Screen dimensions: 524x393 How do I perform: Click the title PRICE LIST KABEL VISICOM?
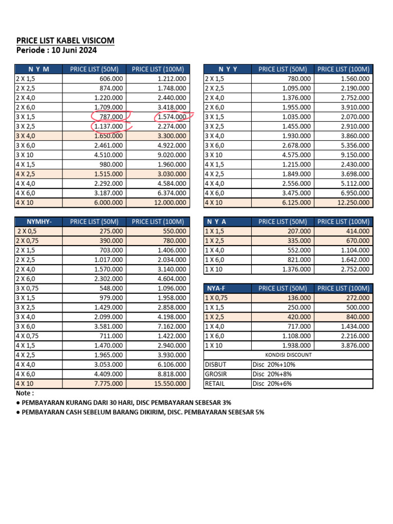65,40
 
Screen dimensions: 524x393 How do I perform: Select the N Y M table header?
39,69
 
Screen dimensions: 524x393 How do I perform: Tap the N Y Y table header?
228,69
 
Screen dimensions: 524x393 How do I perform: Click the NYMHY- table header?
39,222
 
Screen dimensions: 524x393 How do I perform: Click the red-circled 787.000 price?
110,117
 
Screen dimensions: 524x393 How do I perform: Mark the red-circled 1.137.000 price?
108,126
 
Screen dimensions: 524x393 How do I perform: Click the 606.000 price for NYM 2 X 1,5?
111,79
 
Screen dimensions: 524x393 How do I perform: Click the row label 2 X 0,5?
28,231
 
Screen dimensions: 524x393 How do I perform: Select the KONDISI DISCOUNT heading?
288,355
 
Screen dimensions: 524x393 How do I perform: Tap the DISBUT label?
215,365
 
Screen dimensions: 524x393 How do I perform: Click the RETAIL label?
215,384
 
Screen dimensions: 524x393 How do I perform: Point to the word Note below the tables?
25,394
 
